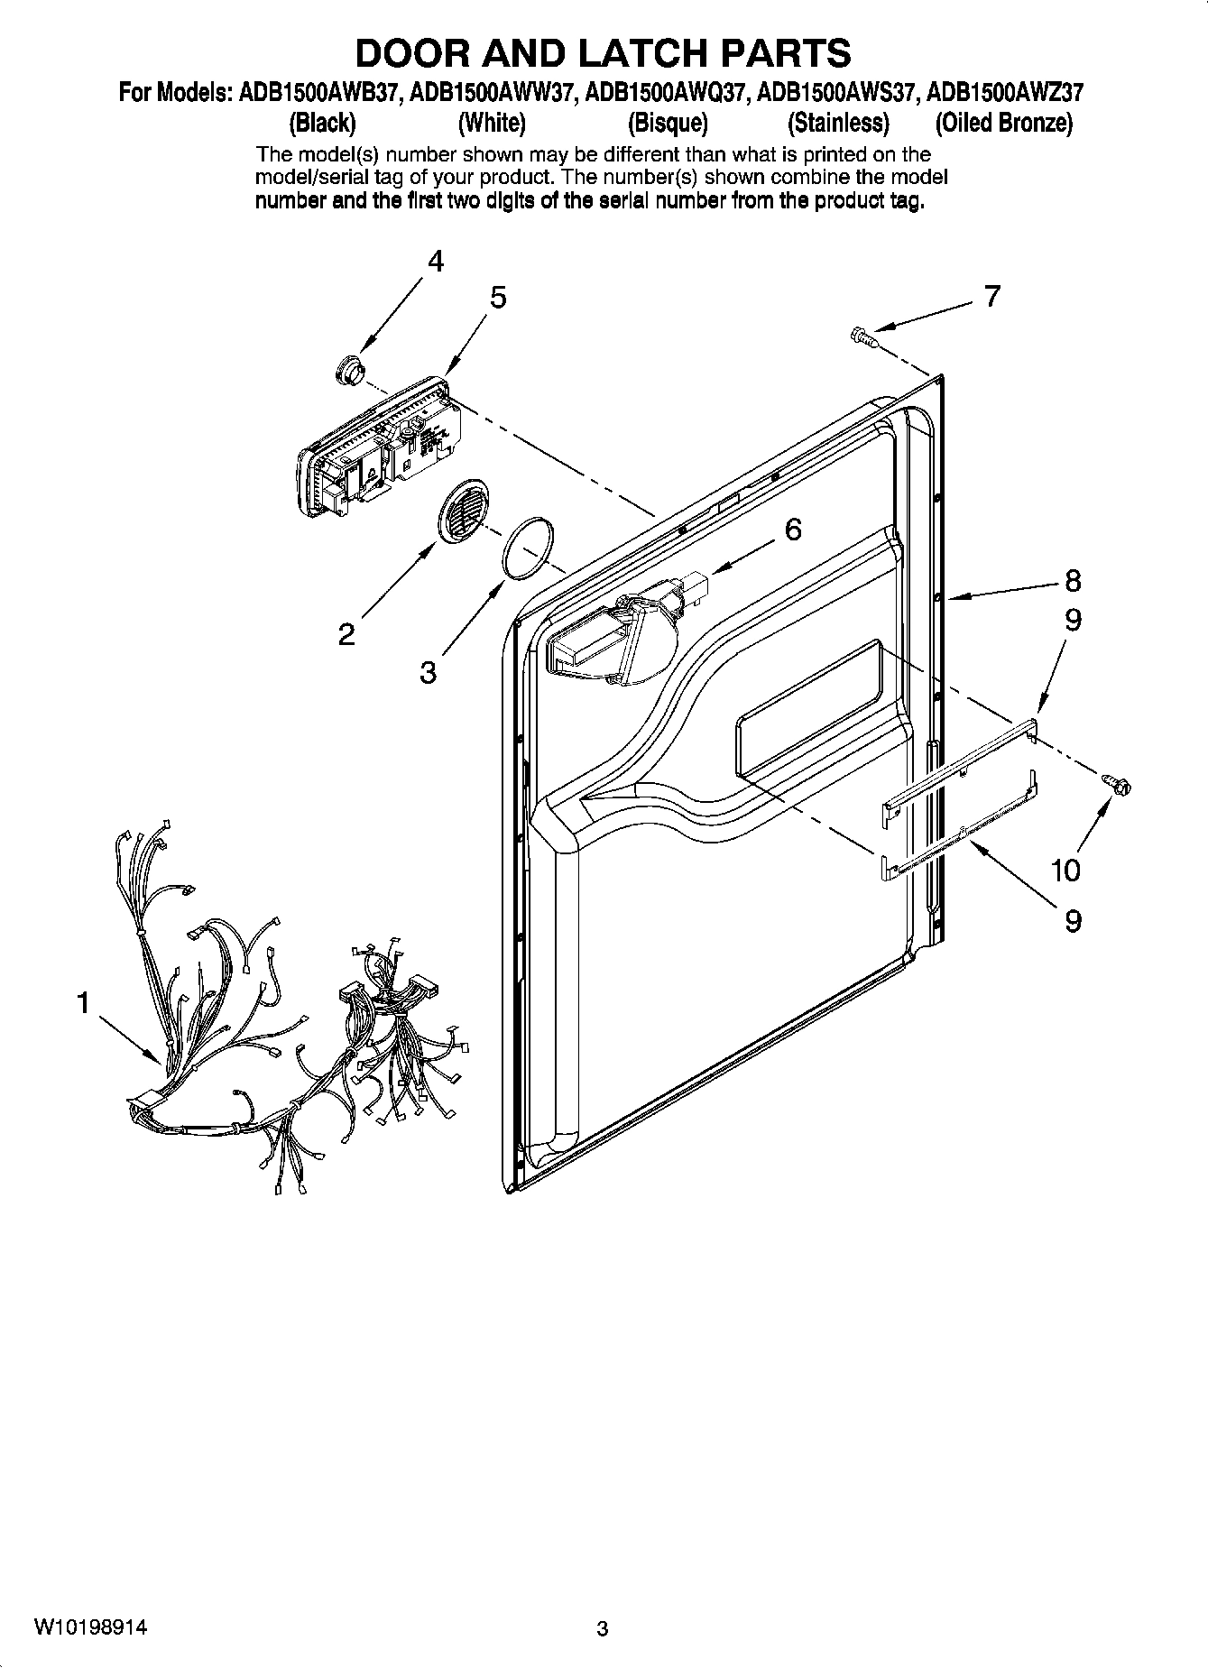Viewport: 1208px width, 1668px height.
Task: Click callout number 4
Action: pyautogui.click(x=436, y=263)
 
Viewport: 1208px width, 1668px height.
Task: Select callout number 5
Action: pyautogui.click(x=498, y=298)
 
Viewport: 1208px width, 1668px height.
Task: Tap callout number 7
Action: pyautogui.click(x=992, y=296)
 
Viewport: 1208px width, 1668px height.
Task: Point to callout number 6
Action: pyautogui.click(x=792, y=530)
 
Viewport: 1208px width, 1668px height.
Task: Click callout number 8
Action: pyautogui.click(x=1072, y=580)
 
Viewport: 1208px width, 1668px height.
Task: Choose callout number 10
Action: pyautogui.click(x=1065, y=871)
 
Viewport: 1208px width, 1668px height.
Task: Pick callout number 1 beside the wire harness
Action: pyautogui.click(x=83, y=1002)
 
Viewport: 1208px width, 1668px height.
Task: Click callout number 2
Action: pyautogui.click(x=346, y=635)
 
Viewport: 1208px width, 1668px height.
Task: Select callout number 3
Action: pyautogui.click(x=428, y=672)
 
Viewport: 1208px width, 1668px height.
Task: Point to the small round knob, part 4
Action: pyautogui.click(x=347, y=369)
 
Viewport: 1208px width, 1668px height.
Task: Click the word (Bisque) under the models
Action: pyautogui.click(x=668, y=123)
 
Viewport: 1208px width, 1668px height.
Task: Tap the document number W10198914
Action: pyautogui.click(x=91, y=1627)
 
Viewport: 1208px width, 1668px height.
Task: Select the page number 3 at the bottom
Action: pyautogui.click(x=603, y=1629)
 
